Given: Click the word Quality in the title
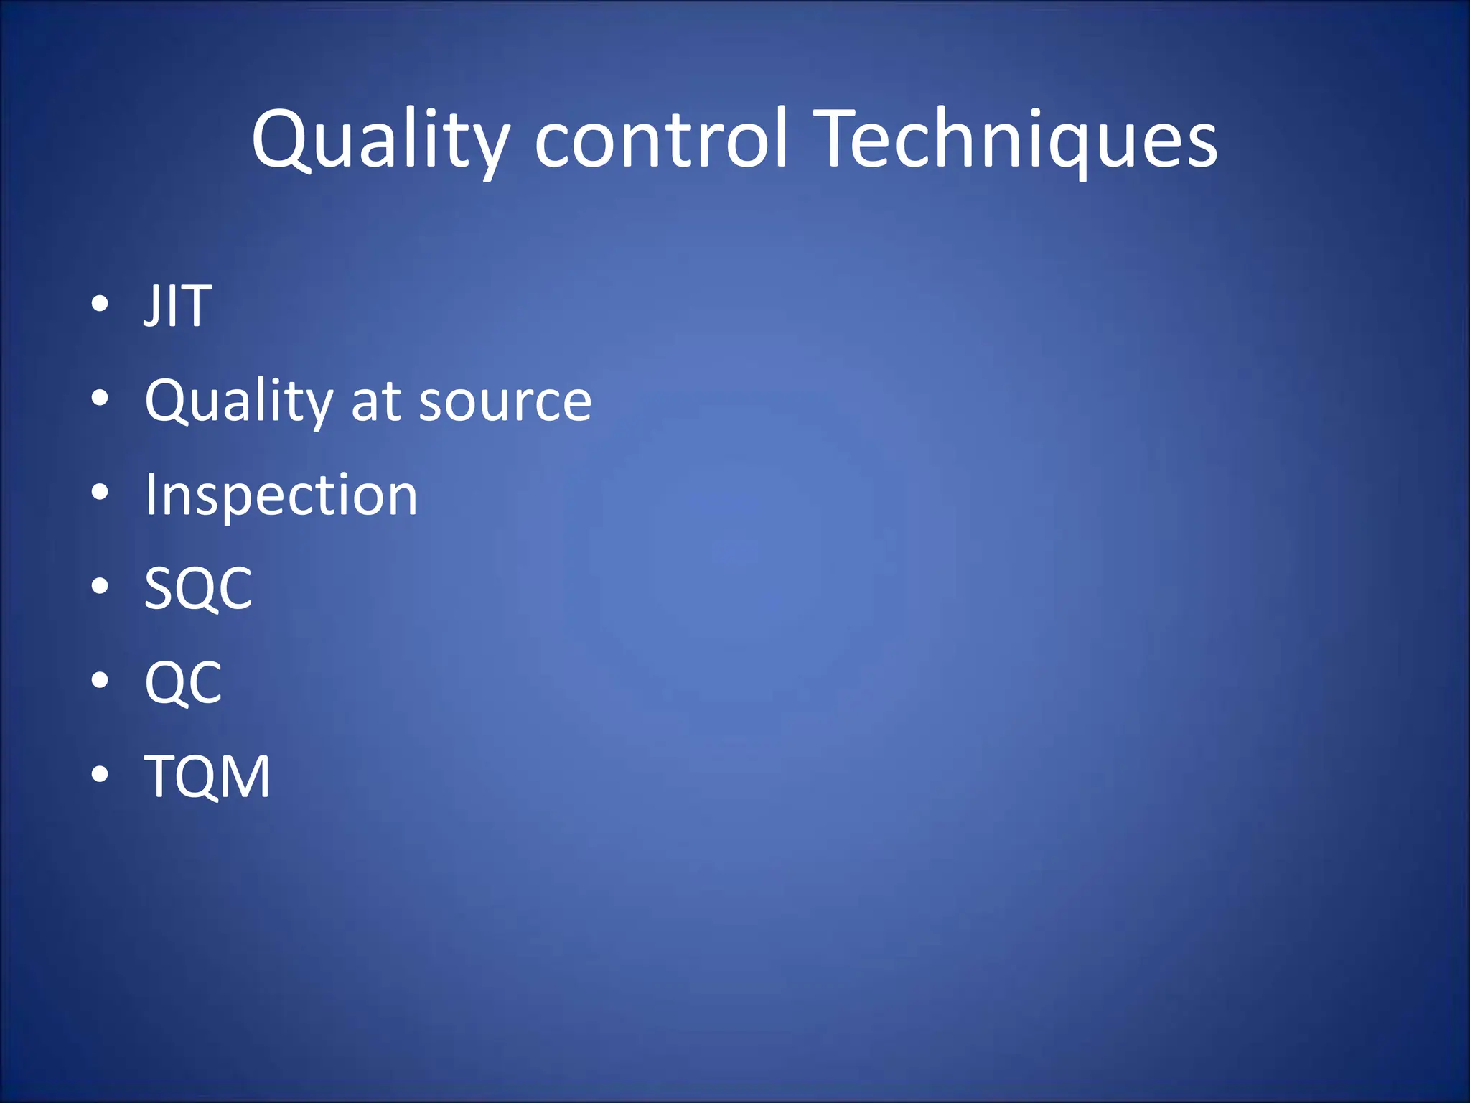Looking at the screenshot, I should click(380, 140).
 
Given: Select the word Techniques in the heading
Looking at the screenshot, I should click(1018, 140).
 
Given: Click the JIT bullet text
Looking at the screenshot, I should click(178, 306).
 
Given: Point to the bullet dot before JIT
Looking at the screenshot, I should click(100, 304).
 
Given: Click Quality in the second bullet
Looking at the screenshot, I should click(239, 401).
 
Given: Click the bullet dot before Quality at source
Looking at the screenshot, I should click(100, 398).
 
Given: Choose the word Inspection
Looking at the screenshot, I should click(281, 495).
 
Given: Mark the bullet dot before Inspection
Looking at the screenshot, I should click(100, 493).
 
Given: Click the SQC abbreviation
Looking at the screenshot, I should click(198, 589).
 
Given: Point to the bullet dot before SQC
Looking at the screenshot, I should click(100, 587).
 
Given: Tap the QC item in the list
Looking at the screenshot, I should click(183, 683).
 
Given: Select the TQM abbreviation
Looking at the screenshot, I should click(207, 777).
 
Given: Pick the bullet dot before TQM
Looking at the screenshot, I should click(100, 775).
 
